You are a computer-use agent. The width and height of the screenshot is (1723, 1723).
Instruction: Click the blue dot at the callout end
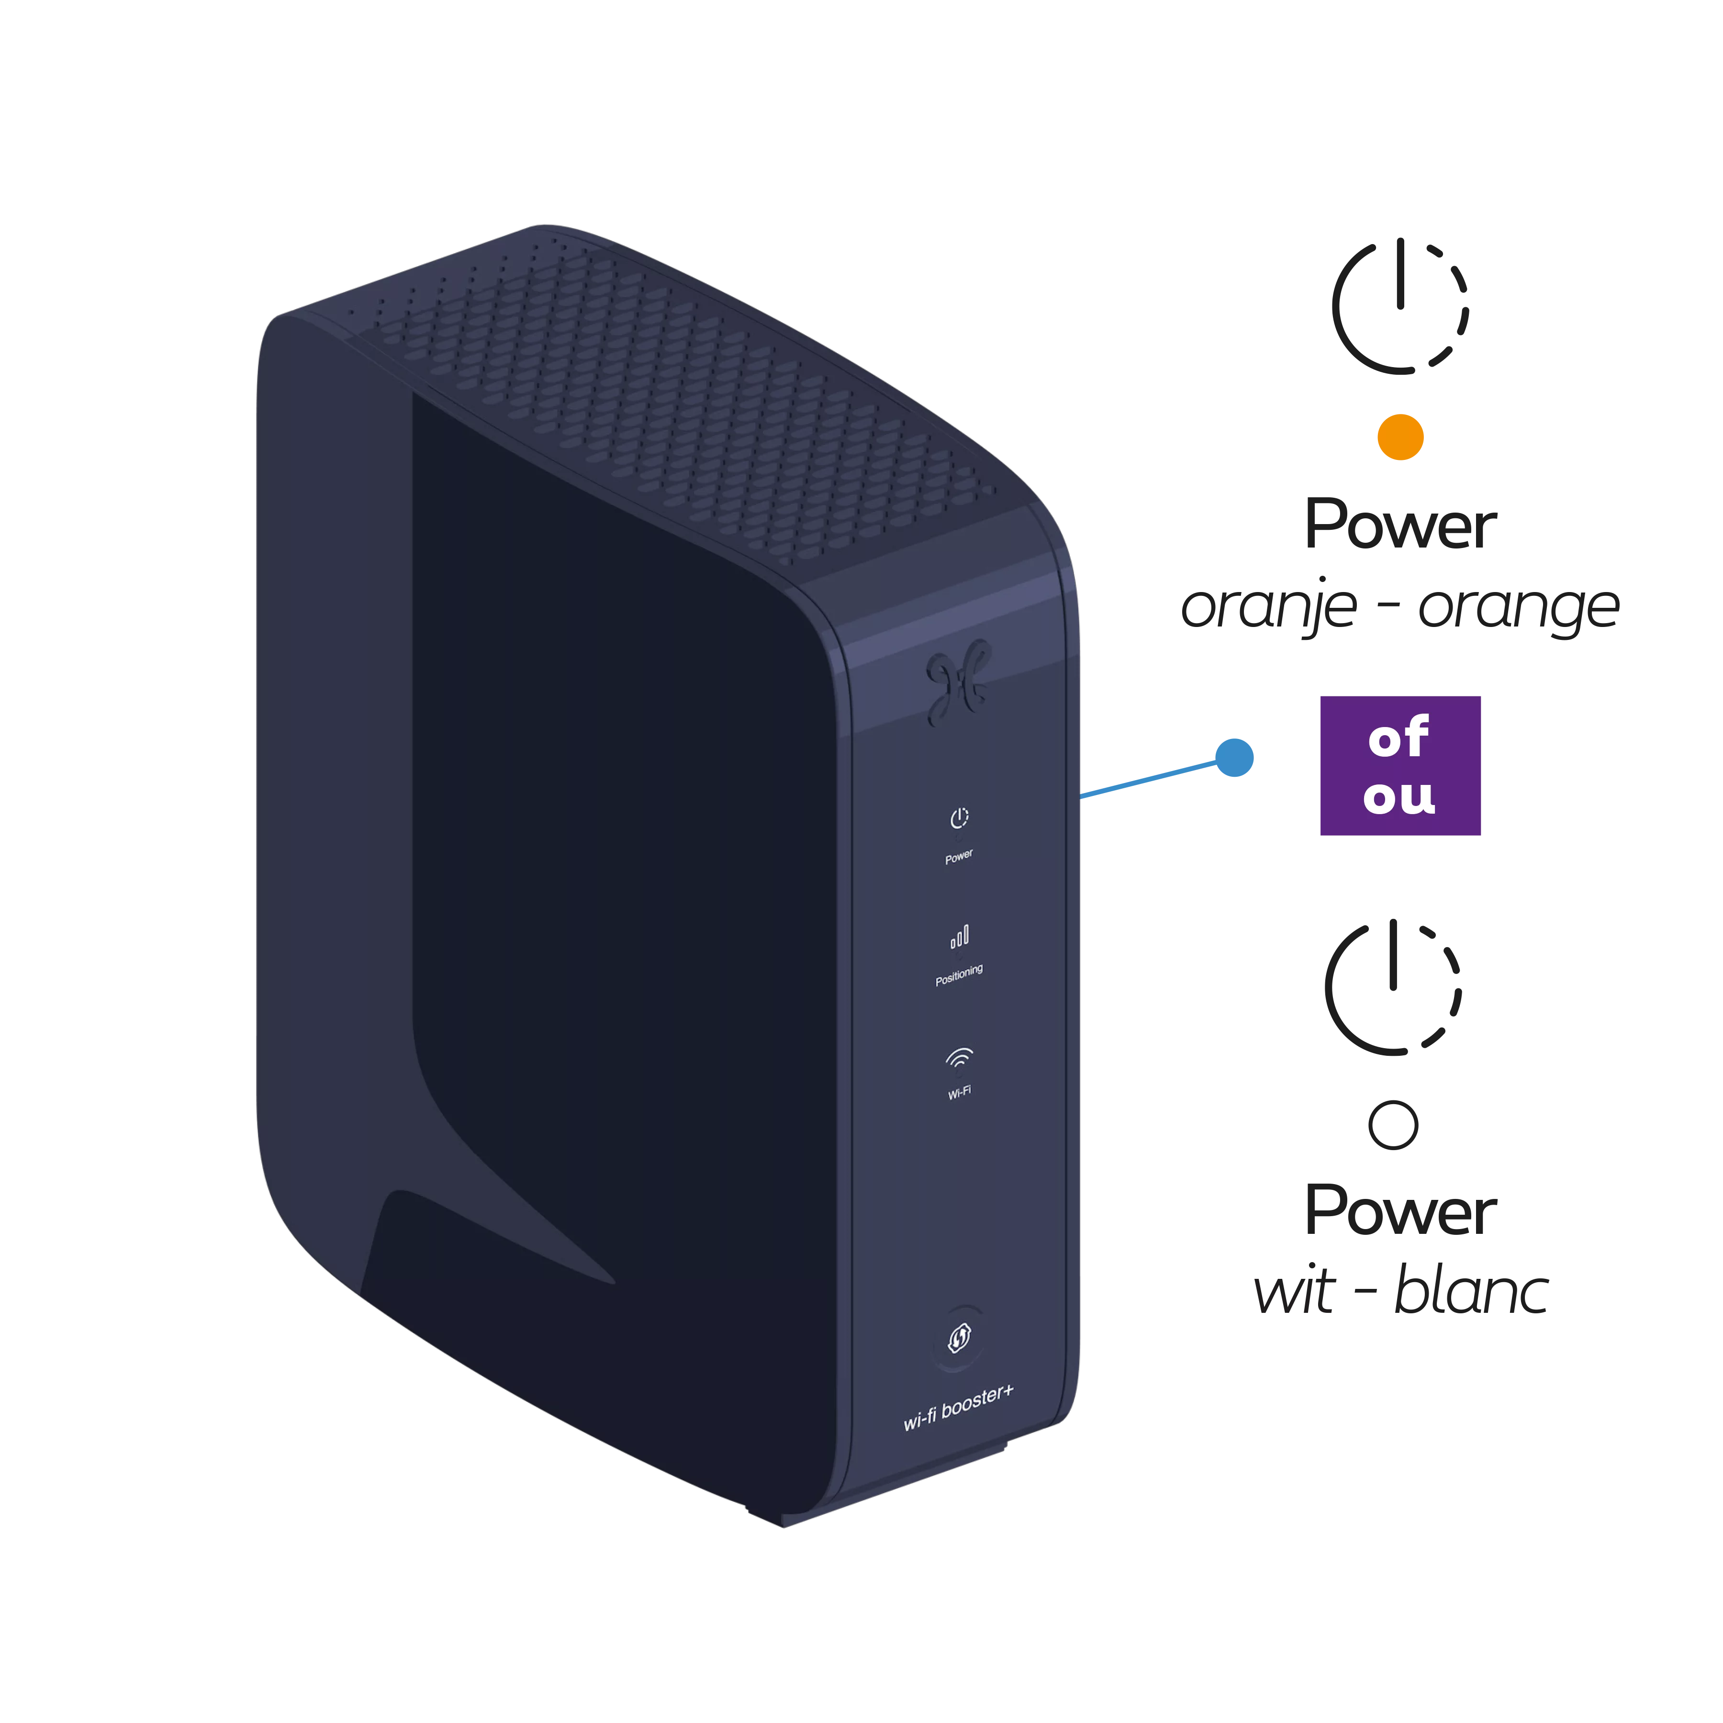pyautogui.click(x=1234, y=757)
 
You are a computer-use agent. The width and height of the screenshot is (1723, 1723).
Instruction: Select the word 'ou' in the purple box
pyautogui.click(x=1399, y=795)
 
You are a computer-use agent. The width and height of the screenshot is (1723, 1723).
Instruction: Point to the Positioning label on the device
pyautogui.click(x=959, y=975)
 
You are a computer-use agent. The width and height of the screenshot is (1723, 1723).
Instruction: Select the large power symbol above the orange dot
pyautogui.click(x=1399, y=305)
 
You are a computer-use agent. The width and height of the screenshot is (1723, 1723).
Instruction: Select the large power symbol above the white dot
pyautogui.click(x=1392, y=987)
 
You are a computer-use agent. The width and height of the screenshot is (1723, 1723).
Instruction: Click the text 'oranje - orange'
pyautogui.click(x=1399, y=608)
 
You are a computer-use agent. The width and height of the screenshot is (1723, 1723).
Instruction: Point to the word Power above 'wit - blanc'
pyautogui.click(x=1399, y=1211)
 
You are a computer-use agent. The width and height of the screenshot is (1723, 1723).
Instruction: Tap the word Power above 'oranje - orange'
pyautogui.click(x=1399, y=525)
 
